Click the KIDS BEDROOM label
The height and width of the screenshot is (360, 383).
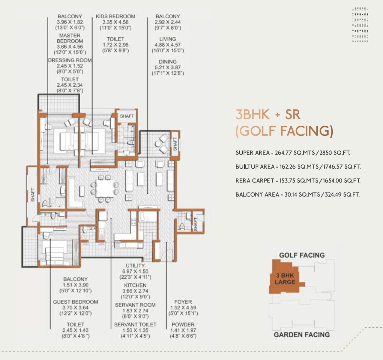click(x=115, y=16)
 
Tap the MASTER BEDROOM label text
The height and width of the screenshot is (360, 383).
click(x=70, y=38)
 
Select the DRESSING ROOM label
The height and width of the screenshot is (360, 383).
click(x=70, y=60)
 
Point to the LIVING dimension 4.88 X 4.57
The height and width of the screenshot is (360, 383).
click(x=168, y=45)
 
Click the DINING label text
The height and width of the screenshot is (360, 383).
click(x=168, y=62)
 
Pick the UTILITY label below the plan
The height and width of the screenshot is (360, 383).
click(x=135, y=265)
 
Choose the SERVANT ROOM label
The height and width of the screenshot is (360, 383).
click(x=135, y=305)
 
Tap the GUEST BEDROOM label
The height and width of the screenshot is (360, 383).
click(x=75, y=302)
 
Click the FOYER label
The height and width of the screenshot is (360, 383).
click(x=183, y=302)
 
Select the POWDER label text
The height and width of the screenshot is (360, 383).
click(x=183, y=325)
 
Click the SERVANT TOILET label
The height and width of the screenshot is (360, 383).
click(x=135, y=325)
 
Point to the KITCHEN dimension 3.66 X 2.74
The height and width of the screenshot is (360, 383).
click(x=135, y=291)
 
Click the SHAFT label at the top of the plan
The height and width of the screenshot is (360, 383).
click(x=127, y=116)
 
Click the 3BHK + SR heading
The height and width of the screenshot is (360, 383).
click(x=268, y=115)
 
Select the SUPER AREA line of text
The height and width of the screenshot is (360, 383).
click(x=292, y=153)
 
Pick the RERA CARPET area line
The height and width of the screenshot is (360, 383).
click(x=298, y=181)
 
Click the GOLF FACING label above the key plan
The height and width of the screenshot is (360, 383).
click(x=302, y=255)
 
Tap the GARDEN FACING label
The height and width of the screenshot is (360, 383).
click(x=302, y=334)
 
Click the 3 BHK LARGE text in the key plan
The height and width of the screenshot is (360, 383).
click(x=285, y=279)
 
